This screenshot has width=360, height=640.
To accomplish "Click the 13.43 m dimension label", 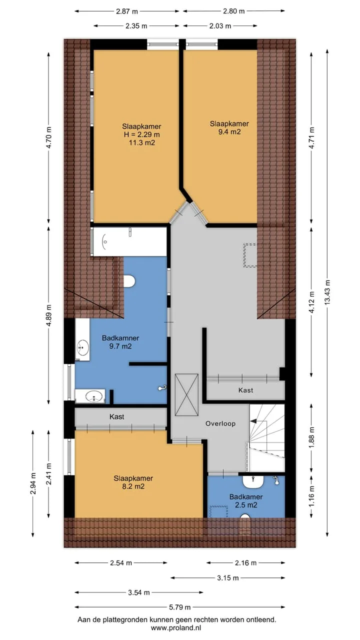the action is pyautogui.click(x=327, y=291).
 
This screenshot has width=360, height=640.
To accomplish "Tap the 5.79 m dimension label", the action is pyautogui.click(x=179, y=607).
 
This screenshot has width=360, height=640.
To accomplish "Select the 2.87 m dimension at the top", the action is pyautogui.click(x=127, y=11).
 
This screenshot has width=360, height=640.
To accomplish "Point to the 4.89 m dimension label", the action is pyautogui.click(x=49, y=315).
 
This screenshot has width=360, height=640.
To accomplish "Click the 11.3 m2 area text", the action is pyautogui.click(x=142, y=142).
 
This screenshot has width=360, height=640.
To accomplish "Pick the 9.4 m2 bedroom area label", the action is pyautogui.click(x=229, y=131).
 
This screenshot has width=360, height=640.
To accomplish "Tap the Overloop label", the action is pyautogui.click(x=220, y=423).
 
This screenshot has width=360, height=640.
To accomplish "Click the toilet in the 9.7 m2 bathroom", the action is pyautogui.click(x=129, y=281).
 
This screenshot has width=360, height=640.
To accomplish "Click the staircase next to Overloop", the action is pyautogui.click(x=267, y=437).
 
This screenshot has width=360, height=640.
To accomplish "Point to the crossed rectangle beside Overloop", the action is pyautogui.click(x=186, y=394).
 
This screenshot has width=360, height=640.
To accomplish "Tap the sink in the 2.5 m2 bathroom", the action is pyautogui.click(x=253, y=482).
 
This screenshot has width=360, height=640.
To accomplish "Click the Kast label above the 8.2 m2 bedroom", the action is pyautogui.click(x=117, y=416).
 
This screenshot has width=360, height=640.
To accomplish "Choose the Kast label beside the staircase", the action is pyautogui.click(x=245, y=390).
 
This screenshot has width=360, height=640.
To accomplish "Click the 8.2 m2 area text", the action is pyautogui.click(x=133, y=486).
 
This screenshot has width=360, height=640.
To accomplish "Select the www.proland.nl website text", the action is pyautogui.click(x=176, y=627).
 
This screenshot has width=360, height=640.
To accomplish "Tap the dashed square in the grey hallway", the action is pyautogui.click(x=250, y=255).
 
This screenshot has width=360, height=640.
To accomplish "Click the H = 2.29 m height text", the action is pyautogui.click(x=141, y=134).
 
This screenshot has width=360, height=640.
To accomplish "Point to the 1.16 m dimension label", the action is pyautogui.click(x=311, y=496).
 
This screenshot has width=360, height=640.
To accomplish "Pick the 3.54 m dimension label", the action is pyautogui.click(x=139, y=592).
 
